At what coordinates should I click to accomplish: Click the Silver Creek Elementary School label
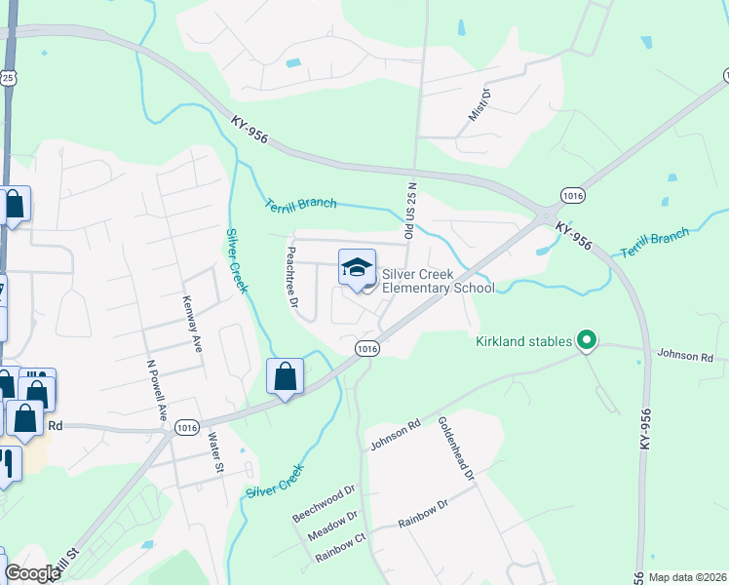point(438,281)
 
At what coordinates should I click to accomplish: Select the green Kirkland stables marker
point(586,341)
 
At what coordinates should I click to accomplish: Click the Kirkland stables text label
point(524,342)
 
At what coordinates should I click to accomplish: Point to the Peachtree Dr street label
point(291,275)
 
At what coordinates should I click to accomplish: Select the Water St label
point(215,453)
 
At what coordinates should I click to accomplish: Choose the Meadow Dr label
point(333,527)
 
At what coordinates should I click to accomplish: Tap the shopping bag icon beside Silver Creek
point(285,376)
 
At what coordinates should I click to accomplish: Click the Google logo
point(32,573)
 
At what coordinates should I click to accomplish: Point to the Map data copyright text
point(686,577)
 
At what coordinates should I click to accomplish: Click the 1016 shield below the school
point(366,348)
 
